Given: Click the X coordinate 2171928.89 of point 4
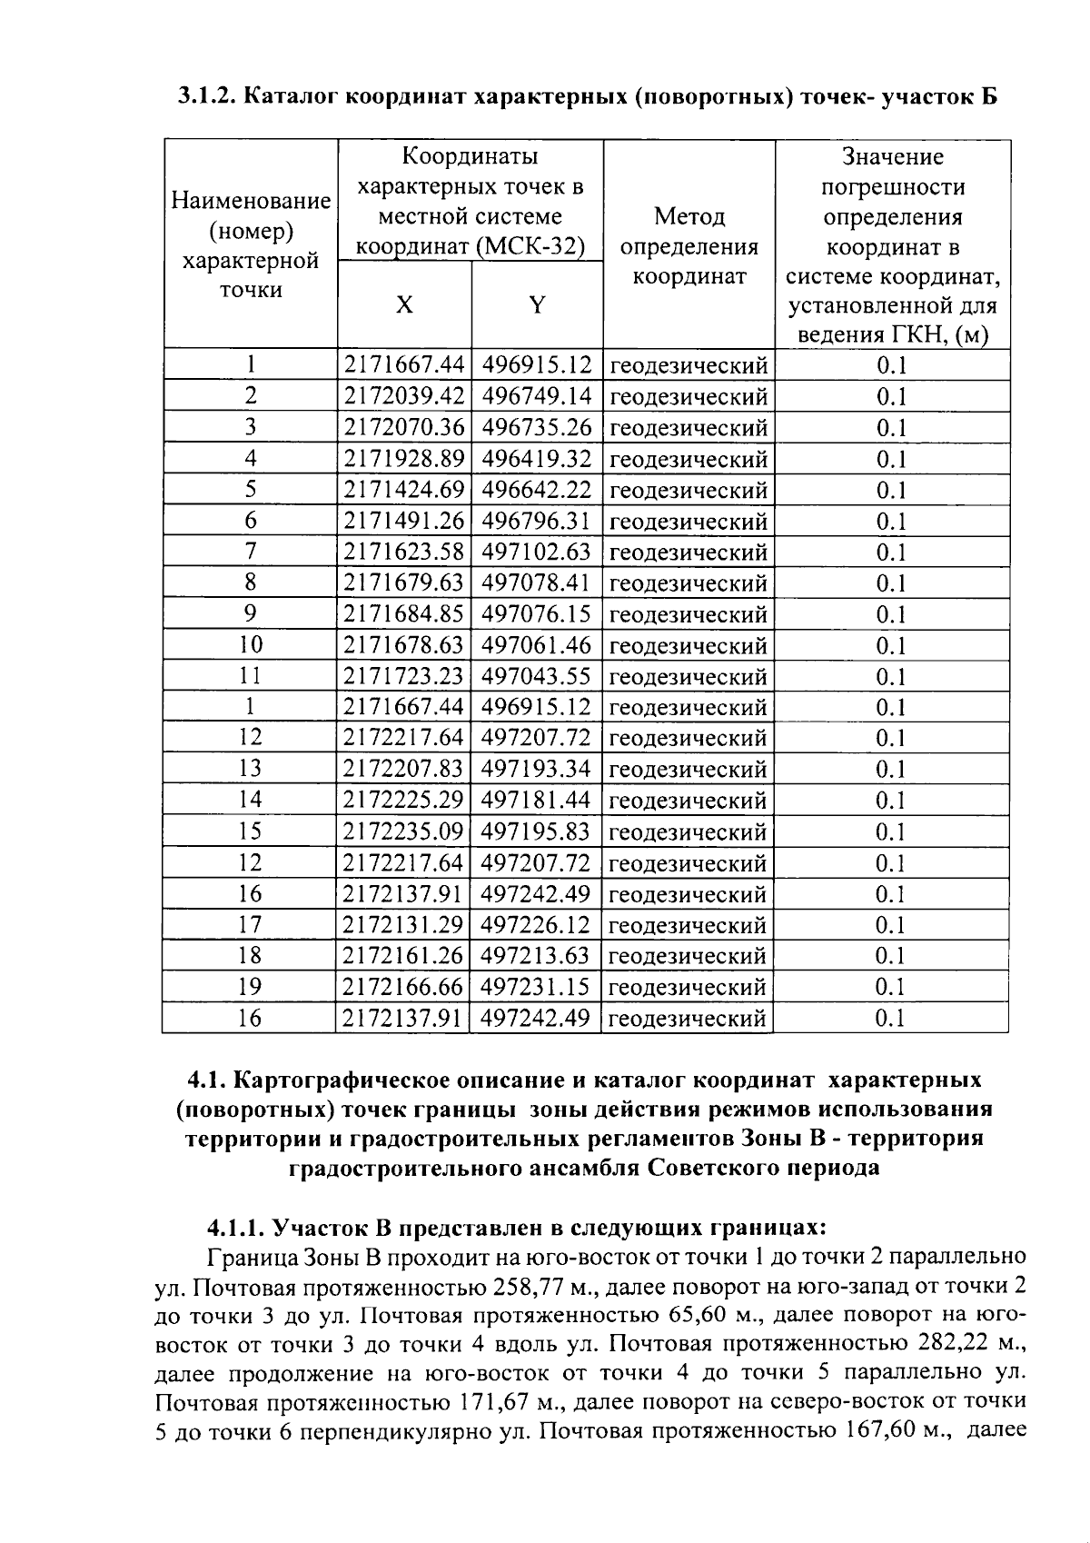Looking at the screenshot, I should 404,459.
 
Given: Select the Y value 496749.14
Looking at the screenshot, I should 537,397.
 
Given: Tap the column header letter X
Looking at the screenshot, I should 404,305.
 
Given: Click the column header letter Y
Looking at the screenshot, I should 538,305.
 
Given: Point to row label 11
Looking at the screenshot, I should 250,676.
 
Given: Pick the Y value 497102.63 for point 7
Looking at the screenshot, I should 537,552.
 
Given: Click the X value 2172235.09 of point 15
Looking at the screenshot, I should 404,831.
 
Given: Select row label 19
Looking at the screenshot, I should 250,986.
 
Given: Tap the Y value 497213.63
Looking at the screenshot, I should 537,955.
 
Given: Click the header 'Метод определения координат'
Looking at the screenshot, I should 689,246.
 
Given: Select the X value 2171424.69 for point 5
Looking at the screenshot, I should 404,490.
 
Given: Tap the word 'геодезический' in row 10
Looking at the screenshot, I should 689,646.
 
